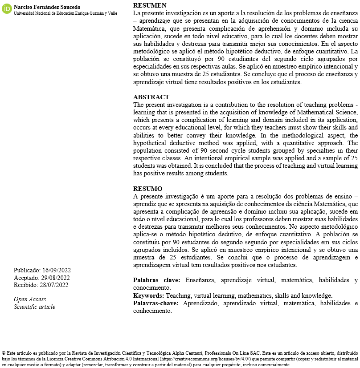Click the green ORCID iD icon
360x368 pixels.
7,9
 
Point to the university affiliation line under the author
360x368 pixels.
65,13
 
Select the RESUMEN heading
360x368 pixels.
150,5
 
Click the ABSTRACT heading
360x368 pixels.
151,97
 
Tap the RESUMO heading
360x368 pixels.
147,189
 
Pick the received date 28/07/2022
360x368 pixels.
54,285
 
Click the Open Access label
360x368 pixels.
30,299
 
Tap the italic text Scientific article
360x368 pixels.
34,307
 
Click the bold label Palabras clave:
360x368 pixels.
156,280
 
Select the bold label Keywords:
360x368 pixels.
148,295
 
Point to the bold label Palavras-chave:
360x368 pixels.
156,303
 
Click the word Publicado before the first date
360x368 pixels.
27,270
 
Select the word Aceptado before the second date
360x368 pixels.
26,278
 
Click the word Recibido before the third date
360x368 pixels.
25,285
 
